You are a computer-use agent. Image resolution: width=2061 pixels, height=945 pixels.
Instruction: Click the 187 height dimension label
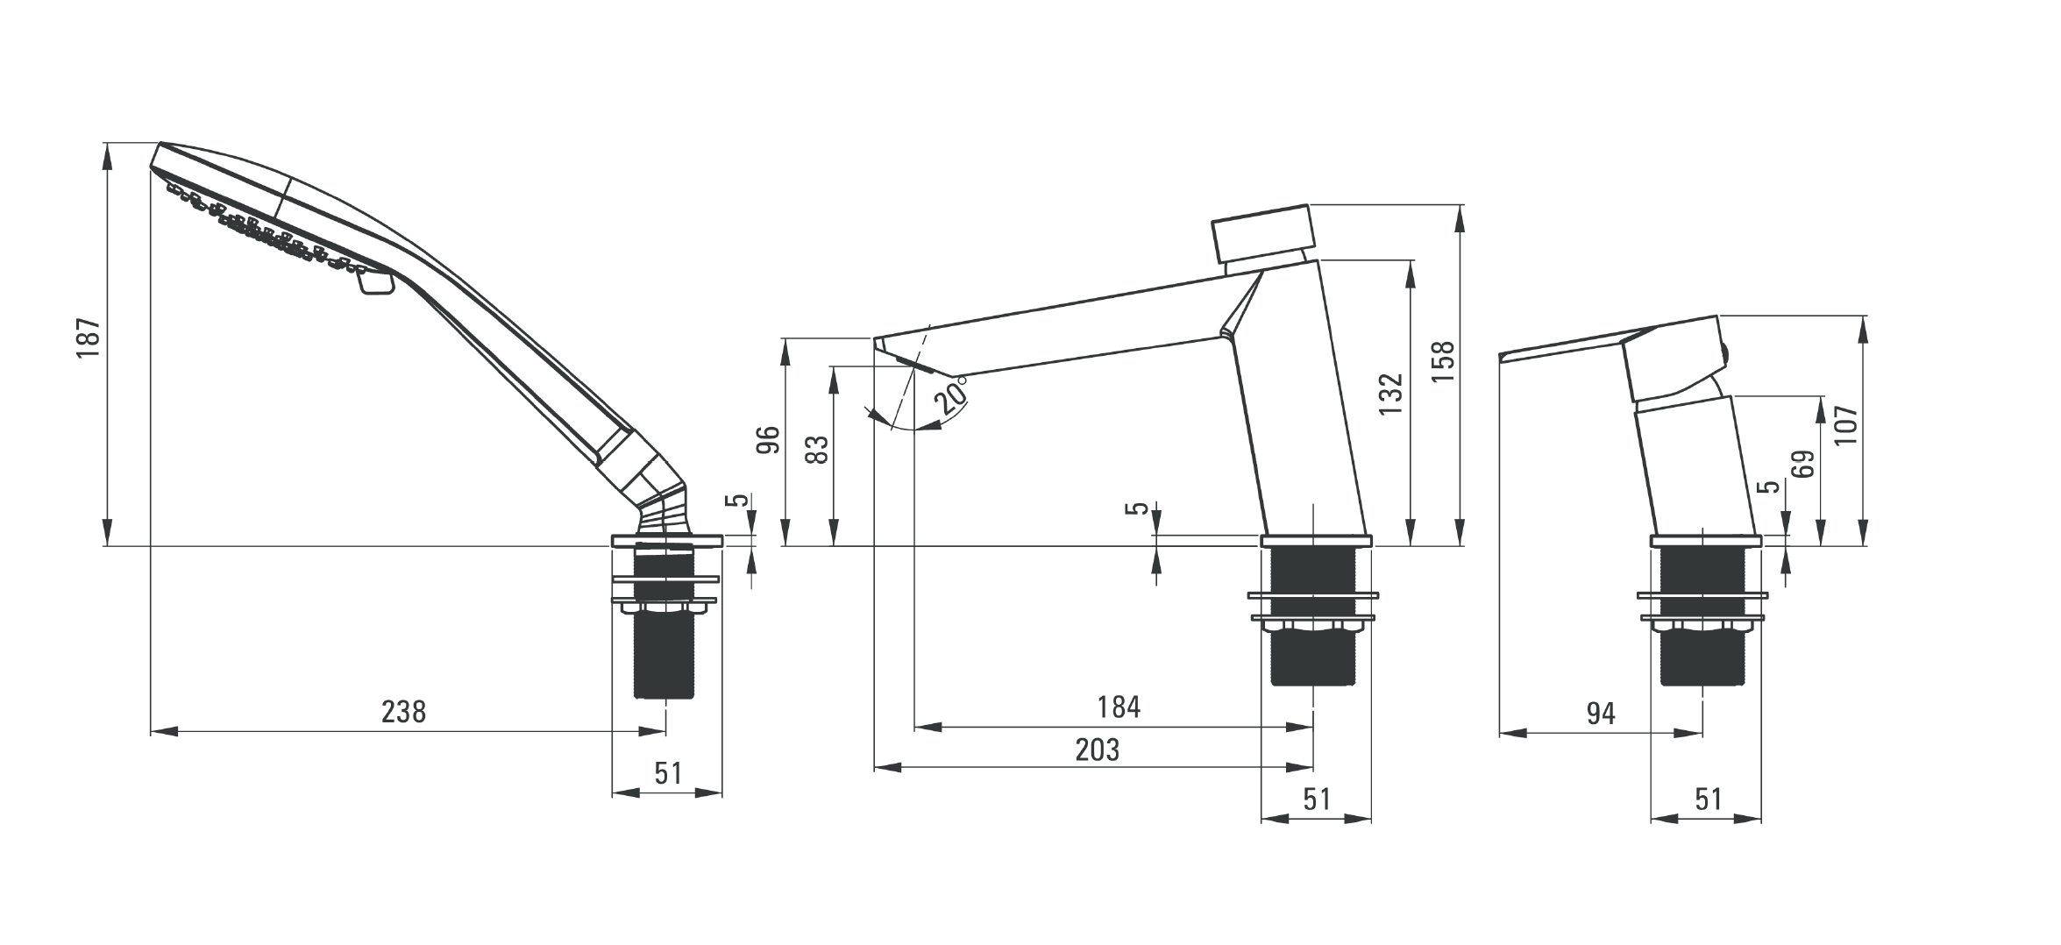click(x=89, y=338)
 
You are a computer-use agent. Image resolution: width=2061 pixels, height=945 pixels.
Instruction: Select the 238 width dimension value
click(x=403, y=711)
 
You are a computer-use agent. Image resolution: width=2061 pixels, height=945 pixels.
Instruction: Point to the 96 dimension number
click(x=768, y=440)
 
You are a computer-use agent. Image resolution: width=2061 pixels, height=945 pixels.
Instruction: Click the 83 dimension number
click(x=816, y=451)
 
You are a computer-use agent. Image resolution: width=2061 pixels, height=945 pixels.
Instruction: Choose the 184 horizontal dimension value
click(x=1119, y=707)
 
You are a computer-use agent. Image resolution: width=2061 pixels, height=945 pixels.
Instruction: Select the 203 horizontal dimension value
click(x=1097, y=750)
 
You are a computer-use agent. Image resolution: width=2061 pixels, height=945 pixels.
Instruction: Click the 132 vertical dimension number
click(x=1391, y=394)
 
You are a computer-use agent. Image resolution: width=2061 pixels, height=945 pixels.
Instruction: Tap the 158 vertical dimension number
click(x=1442, y=361)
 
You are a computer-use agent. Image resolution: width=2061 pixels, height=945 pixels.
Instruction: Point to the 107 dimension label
click(x=1845, y=424)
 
